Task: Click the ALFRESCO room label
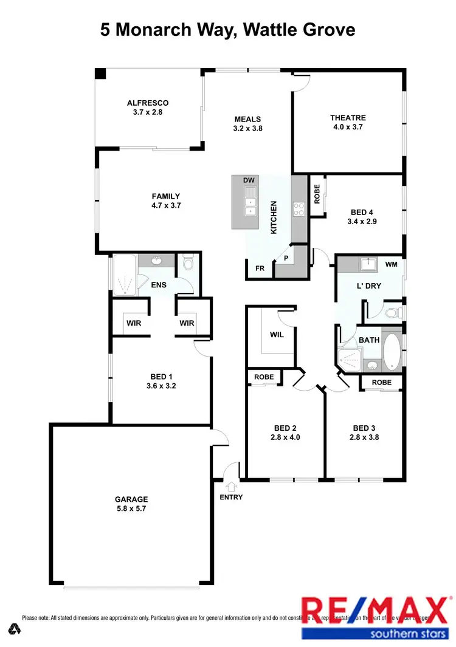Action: [x=148, y=103]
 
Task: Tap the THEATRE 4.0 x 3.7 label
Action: [x=348, y=118]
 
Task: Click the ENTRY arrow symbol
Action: [x=231, y=486]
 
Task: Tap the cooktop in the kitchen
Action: [x=299, y=209]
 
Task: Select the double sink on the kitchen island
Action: [x=249, y=202]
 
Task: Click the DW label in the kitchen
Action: [x=248, y=181]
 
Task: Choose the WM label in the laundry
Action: [x=391, y=265]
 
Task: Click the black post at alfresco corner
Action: [x=100, y=74]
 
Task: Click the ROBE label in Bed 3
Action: [x=382, y=382]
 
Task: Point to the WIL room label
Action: [x=277, y=334]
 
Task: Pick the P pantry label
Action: [x=285, y=258]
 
